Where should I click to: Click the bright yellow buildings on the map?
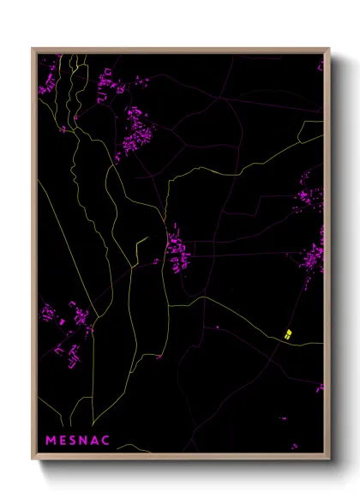288,333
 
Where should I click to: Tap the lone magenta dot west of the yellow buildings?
217,327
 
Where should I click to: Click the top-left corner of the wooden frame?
33,49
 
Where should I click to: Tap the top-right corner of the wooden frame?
329,49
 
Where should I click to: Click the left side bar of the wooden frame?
34,257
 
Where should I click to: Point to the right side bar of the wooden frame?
327,257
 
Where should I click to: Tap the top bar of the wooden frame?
180,51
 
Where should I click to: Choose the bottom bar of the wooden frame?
180,455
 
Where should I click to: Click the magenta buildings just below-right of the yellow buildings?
320,387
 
